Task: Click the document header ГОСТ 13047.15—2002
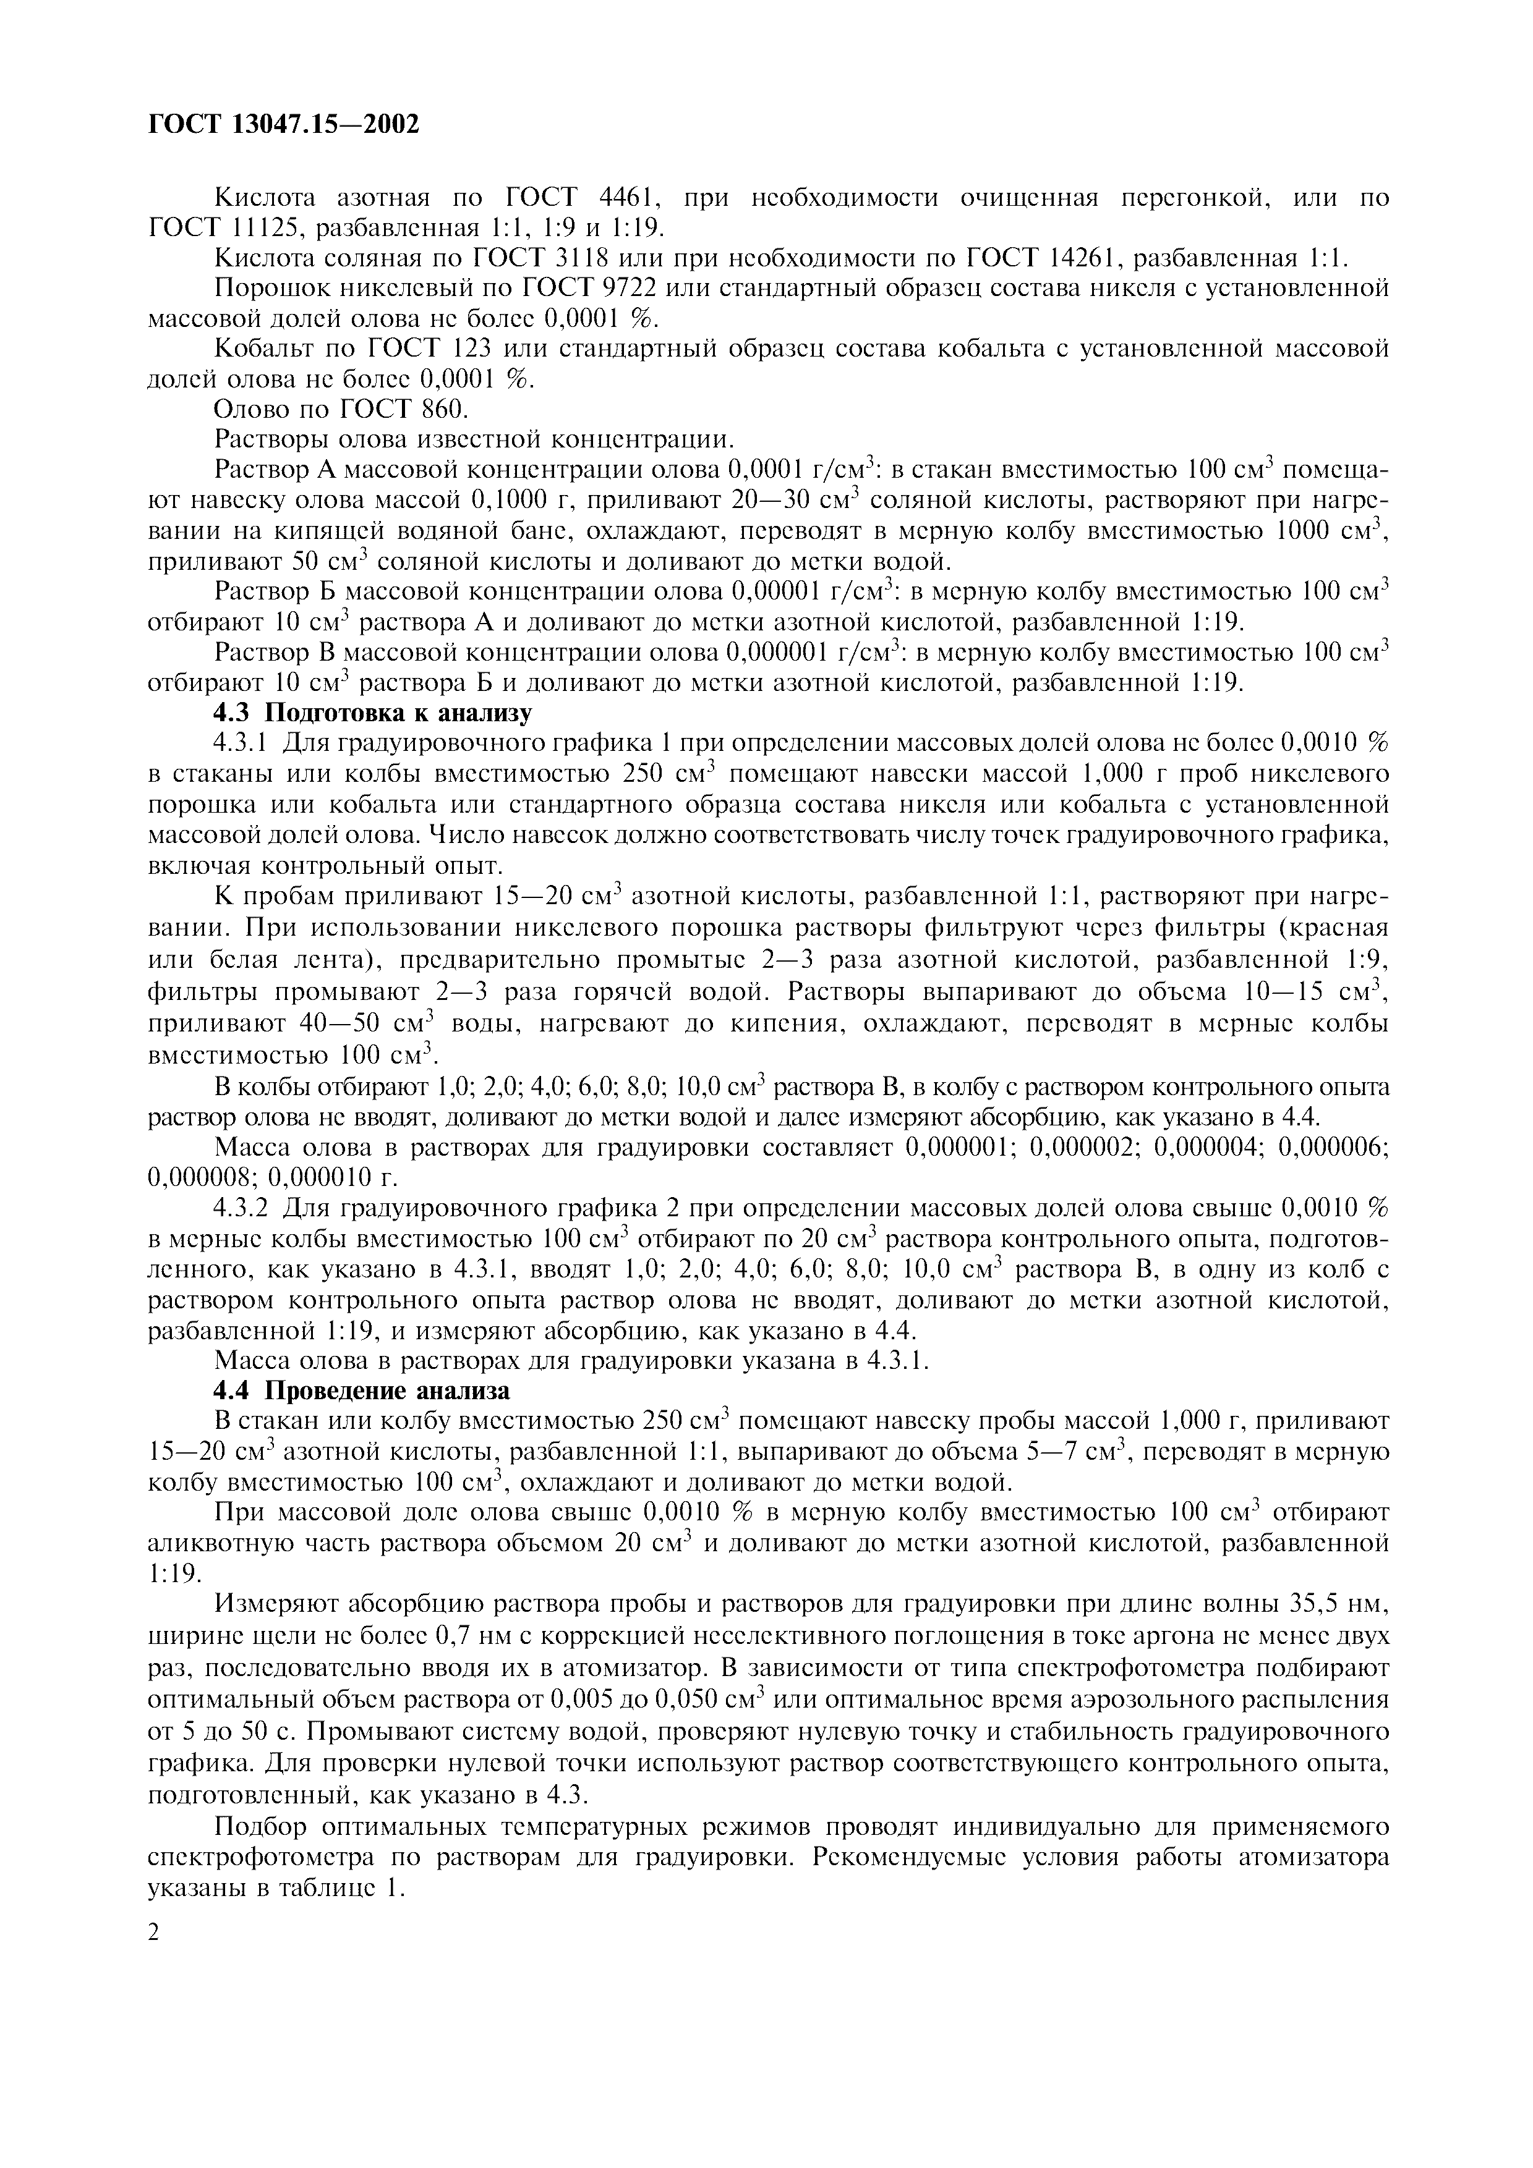pos(283,124)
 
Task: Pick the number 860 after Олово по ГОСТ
pos(442,410)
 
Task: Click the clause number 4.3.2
pos(244,1209)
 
